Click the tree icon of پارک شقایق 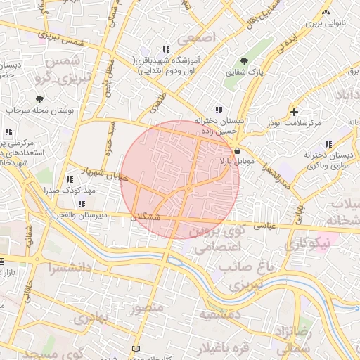pos(244,61)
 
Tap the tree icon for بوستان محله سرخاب pos(39,99)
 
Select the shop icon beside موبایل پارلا pos(237,150)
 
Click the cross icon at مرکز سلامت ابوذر pos(294,112)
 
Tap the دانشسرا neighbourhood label pos(67,268)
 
